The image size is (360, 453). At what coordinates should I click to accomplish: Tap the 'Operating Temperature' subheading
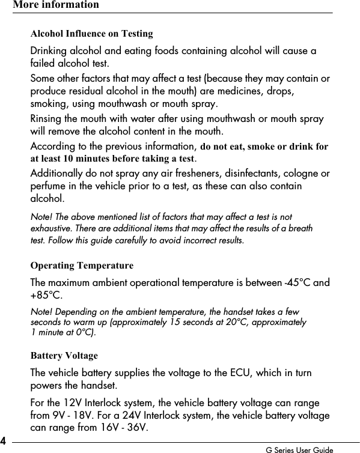(x=82, y=266)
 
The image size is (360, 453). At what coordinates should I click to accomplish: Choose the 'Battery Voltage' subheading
(x=64, y=356)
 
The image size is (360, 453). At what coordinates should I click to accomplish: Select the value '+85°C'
(x=45, y=296)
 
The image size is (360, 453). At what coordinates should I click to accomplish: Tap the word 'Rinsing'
(x=47, y=119)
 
